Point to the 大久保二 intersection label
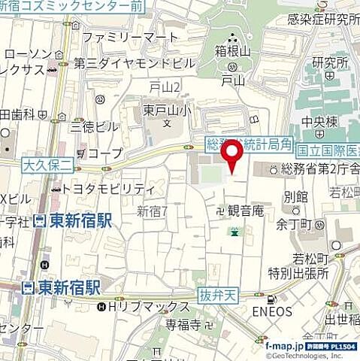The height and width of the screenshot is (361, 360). tap(46, 163)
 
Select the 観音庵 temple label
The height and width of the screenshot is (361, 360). tap(245, 211)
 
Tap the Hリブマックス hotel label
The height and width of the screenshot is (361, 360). tap(149, 307)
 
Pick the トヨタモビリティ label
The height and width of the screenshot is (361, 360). tap(109, 189)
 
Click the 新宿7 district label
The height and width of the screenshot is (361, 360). tap(153, 212)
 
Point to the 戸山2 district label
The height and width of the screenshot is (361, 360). tap(165, 87)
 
